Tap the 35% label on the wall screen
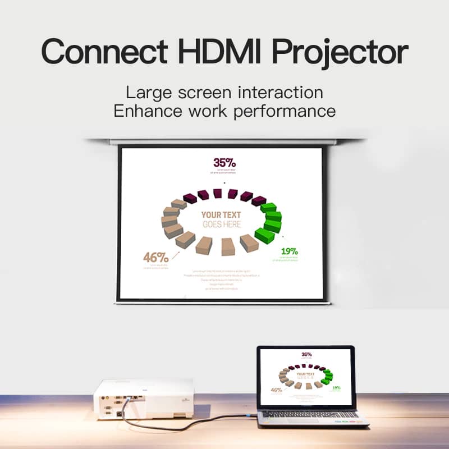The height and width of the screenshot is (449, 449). click(x=224, y=162)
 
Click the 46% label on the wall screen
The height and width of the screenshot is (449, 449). click(x=155, y=257)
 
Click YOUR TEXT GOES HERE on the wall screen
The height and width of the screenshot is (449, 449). click(x=221, y=219)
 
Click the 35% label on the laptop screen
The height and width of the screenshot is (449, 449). click(x=306, y=354)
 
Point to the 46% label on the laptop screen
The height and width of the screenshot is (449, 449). click(x=276, y=390)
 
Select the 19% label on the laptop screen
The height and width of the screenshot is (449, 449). click(x=336, y=387)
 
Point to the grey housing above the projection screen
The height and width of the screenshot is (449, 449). click(x=224, y=141)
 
